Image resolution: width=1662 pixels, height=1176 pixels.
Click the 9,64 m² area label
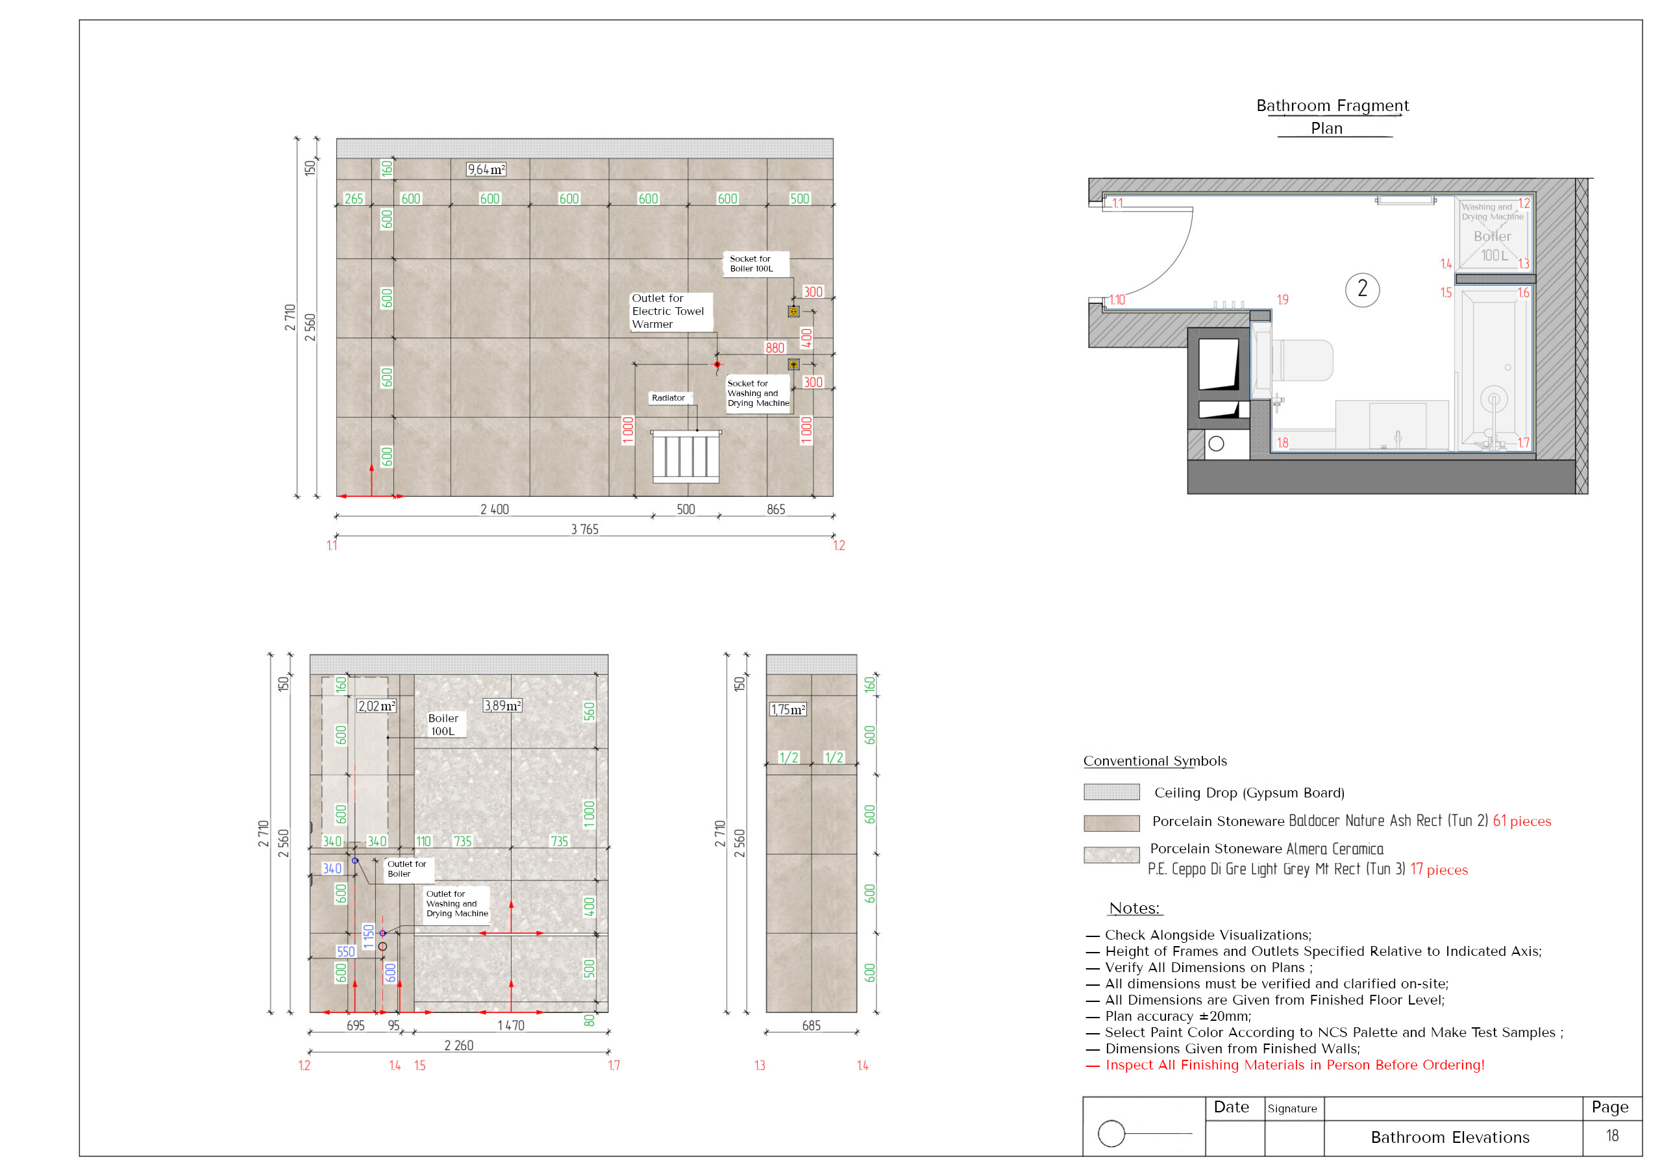pyautogui.click(x=486, y=169)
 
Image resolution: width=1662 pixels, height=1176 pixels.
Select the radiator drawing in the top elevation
pyautogui.click(x=686, y=457)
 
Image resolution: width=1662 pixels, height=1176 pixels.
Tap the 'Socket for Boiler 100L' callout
pyautogui.click(x=751, y=264)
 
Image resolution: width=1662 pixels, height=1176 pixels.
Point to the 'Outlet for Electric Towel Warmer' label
pyautogui.click(x=667, y=312)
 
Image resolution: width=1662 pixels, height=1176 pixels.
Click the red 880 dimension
pyautogui.click(x=775, y=348)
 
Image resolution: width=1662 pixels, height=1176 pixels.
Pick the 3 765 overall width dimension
pyautogui.click(x=585, y=529)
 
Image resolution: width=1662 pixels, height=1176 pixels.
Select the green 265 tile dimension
pyautogui.click(x=354, y=199)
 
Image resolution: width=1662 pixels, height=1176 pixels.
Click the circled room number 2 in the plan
pyautogui.click(x=1362, y=289)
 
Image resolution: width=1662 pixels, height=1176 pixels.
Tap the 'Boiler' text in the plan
pyautogui.click(x=1493, y=236)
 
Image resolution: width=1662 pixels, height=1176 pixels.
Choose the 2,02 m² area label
pyautogui.click(x=377, y=706)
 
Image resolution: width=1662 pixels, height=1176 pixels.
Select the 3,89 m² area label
pyautogui.click(x=502, y=705)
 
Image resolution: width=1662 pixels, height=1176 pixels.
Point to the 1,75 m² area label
pyautogui.click(x=788, y=710)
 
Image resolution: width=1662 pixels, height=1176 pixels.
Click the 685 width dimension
pyautogui.click(x=812, y=1025)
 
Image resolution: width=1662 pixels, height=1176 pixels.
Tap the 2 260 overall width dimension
pyautogui.click(x=459, y=1045)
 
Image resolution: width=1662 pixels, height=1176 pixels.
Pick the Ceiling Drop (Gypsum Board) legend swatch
pyautogui.click(x=1111, y=792)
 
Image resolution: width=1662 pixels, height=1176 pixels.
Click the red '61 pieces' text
pyautogui.click(x=1522, y=821)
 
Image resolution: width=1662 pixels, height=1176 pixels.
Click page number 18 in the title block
pyautogui.click(x=1612, y=1136)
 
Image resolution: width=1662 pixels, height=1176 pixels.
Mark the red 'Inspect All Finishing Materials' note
pyautogui.click(x=1295, y=1065)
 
